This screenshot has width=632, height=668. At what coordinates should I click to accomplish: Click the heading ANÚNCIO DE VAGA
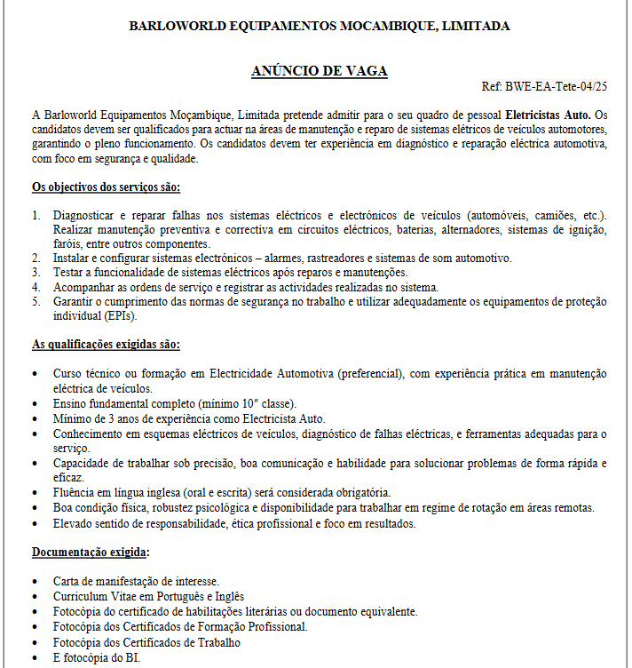320,71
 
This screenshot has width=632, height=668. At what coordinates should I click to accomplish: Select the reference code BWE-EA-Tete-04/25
556,87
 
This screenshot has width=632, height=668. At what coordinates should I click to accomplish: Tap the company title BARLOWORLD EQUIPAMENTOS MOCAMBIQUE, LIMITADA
320,26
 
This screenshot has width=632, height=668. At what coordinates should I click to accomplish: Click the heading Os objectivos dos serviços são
106,187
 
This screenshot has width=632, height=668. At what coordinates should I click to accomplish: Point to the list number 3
36,273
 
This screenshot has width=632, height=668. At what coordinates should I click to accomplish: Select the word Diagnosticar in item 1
87,216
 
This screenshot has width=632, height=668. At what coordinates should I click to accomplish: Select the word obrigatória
358,492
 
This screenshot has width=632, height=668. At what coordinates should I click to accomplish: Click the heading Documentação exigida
89,553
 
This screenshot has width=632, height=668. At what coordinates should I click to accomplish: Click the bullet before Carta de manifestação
35,582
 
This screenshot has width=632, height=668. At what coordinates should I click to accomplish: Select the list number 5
36,301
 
